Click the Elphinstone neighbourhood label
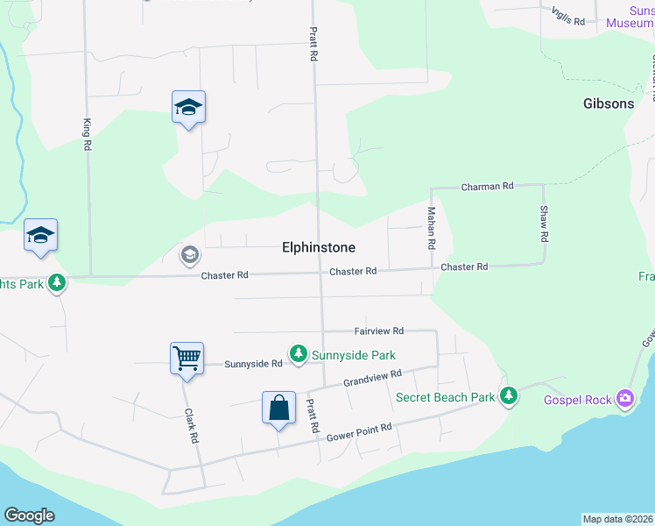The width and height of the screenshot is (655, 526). click(319, 248)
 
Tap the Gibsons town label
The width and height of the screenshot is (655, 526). click(609, 103)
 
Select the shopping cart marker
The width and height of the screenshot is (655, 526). click(187, 358)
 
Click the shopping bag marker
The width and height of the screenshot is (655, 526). click(278, 408)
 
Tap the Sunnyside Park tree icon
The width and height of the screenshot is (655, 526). click(299, 353)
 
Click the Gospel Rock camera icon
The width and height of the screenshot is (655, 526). click(624, 399)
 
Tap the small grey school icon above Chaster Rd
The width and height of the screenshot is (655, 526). click(188, 255)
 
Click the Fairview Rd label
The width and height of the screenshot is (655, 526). click(378, 331)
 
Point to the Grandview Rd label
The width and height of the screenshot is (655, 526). click(372, 379)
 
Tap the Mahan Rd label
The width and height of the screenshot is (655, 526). click(431, 228)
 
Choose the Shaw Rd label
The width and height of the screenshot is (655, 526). click(544, 224)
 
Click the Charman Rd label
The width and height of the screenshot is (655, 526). click(487, 187)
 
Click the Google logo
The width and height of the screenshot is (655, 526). click(29, 515)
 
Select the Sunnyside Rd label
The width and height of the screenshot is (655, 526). click(253, 364)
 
